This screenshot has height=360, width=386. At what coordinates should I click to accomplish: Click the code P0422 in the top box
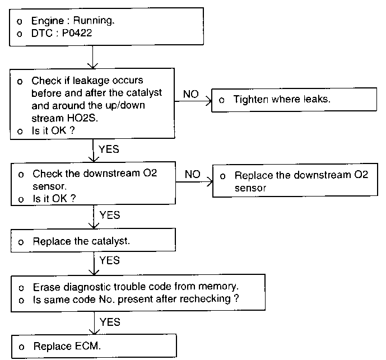pyautogui.click(x=77, y=33)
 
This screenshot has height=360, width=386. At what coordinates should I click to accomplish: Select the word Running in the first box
pyautogui.click(x=94, y=20)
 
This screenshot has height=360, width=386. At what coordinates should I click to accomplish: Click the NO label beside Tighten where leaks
pyautogui.click(x=191, y=94)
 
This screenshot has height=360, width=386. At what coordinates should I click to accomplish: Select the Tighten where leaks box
pyautogui.click(x=294, y=100)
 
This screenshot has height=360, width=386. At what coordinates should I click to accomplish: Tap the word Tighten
pyautogui.click(x=250, y=100)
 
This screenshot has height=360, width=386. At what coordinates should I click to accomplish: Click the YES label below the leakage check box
pyautogui.click(x=109, y=149)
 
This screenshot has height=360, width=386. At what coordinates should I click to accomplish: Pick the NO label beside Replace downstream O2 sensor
pyautogui.click(x=193, y=174)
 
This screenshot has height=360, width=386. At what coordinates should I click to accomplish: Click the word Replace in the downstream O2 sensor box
pyautogui.click(x=254, y=175)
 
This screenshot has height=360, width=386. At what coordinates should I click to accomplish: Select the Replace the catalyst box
pyautogui.click(x=94, y=240)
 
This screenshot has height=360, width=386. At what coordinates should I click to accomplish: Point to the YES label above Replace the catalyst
pyautogui.click(x=110, y=215)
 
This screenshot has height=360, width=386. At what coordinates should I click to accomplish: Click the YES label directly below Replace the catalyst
pyautogui.click(x=110, y=260)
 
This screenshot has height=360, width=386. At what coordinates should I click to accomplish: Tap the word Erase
pyautogui.click(x=46, y=287)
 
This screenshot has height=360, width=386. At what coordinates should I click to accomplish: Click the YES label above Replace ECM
pyautogui.click(x=110, y=322)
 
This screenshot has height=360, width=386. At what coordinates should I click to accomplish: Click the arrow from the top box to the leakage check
pyautogui.click(x=92, y=57)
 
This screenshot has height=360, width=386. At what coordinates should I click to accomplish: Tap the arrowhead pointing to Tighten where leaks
pyautogui.click(x=210, y=101)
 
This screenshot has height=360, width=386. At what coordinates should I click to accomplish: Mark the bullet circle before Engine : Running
pyautogui.click(x=20, y=22)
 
